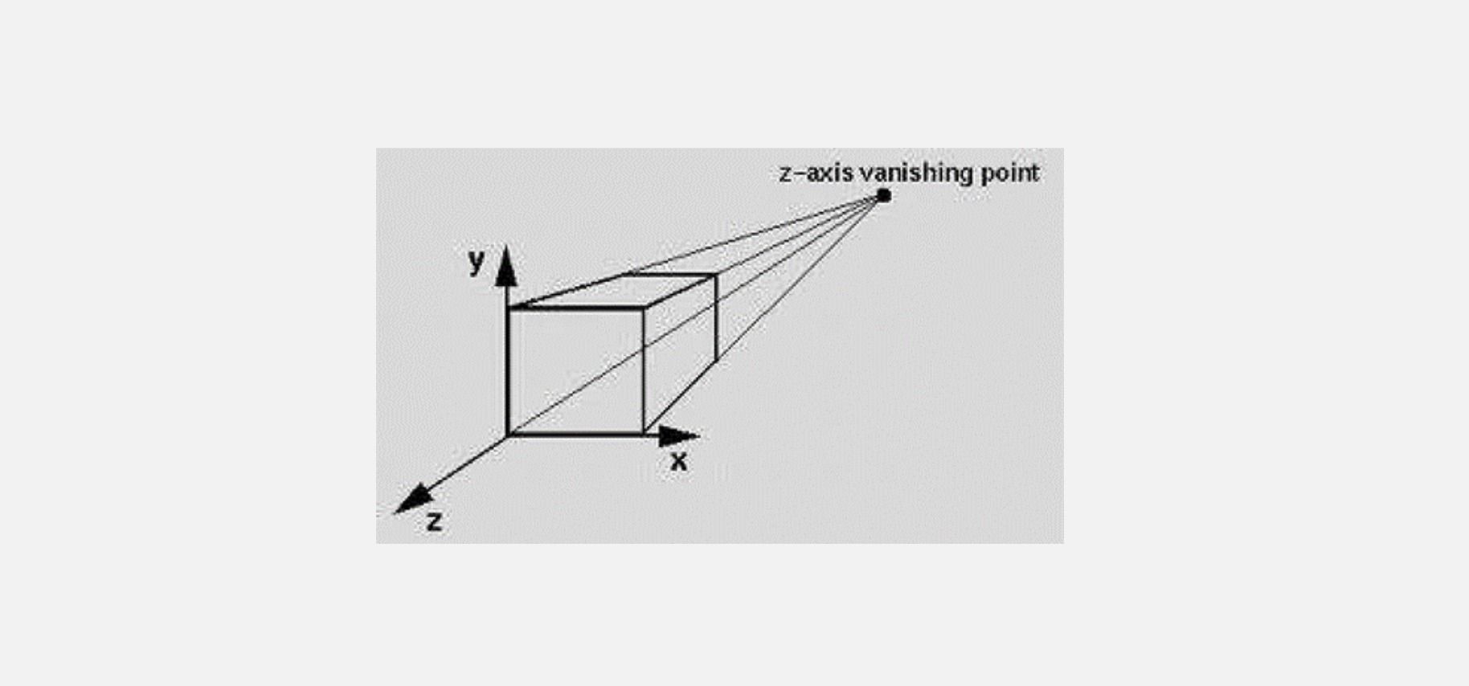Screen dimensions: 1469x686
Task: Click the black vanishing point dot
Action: [883, 195]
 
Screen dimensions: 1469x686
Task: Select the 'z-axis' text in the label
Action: [816, 173]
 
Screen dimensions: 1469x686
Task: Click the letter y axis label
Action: [477, 260]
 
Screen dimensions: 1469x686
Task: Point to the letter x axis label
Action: [679, 462]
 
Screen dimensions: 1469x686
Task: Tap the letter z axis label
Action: [434, 521]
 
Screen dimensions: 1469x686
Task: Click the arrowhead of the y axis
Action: [505, 267]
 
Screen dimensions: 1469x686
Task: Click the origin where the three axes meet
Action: [508, 435]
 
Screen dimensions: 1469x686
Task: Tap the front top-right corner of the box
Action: [644, 308]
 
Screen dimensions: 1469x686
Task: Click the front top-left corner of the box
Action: [509, 308]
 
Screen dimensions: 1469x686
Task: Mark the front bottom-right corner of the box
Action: [644, 435]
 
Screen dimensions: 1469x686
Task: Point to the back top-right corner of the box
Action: [715, 276]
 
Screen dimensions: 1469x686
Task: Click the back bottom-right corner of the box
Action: [715, 363]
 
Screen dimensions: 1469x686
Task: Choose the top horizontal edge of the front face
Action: [576, 308]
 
